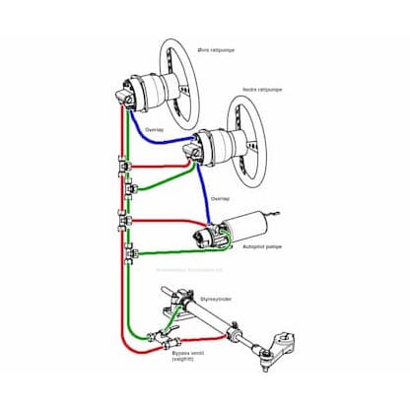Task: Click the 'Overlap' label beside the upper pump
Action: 156,128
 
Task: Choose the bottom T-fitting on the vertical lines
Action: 128,259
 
